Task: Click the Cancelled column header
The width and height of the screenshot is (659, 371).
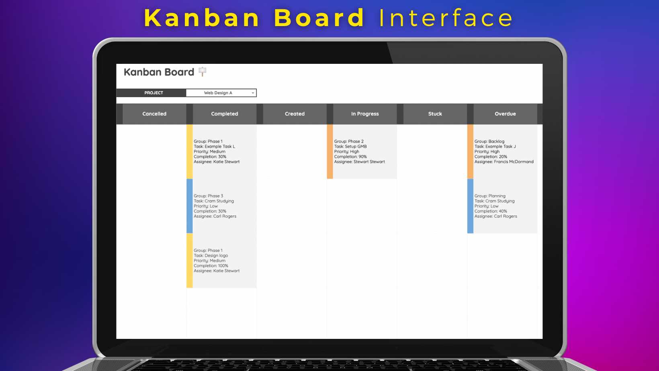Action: (x=154, y=114)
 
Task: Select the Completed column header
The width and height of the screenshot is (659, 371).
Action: (x=225, y=114)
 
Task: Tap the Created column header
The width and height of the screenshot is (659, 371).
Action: (x=295, y=114)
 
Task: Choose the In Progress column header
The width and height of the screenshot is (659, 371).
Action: (x=365, y=114)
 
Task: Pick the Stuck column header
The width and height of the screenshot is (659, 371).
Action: (x=435, y=114)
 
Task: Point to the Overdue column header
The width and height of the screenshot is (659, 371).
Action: (x=505, y=114)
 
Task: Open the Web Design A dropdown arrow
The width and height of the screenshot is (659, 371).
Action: (x=253, y=93)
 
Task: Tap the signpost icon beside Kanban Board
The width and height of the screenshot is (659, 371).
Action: (x=203, y=72)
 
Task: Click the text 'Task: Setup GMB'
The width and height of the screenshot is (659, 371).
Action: (x=350, y=147)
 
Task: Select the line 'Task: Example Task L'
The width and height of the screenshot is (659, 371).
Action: (x=214, y=147)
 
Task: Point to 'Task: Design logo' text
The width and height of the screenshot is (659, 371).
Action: (x=211, y=255)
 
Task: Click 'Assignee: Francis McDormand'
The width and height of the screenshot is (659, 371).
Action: (x=504, y=162)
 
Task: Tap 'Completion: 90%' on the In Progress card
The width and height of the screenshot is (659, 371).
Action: (x=350, y=157)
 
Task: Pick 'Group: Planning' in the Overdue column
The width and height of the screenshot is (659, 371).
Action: (x=490, y=196)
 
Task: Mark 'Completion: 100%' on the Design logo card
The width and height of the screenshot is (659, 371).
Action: (x=211, y=266)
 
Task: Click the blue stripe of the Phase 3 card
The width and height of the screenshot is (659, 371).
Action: (x=190, y=206)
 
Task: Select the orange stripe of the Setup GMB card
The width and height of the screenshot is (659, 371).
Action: (x=330, y=151)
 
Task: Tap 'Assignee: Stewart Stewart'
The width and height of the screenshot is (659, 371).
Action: (x=360, y=162)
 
